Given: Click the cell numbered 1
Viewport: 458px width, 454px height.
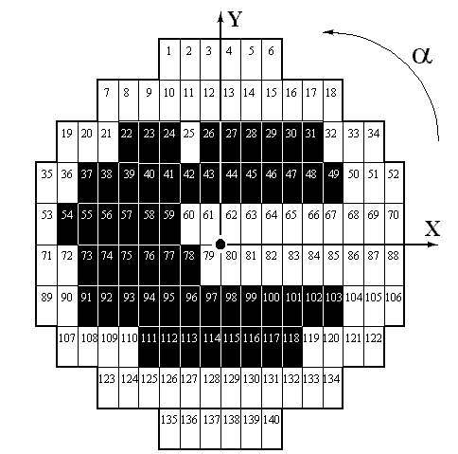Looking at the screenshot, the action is (169, 59).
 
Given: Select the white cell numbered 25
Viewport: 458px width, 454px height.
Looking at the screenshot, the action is (190, 142).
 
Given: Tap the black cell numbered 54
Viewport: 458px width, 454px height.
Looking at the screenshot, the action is (67, 224).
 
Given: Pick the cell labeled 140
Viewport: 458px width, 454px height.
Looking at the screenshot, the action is (272, 428).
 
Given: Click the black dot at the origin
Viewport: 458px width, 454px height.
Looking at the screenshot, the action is (220, 245).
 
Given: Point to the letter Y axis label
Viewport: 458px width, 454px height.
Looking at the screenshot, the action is (235, 19).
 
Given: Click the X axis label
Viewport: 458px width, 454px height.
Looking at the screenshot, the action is (432, 228).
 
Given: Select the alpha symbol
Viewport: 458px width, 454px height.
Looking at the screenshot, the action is (422, 56).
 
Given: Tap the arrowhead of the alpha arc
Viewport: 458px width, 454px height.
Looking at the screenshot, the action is (328, 32).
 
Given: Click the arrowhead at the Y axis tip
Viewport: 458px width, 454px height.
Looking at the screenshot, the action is (220, 16).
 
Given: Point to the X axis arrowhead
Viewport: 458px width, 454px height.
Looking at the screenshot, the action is (432, 245).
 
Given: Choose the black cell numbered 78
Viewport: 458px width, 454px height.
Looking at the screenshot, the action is (190, 265).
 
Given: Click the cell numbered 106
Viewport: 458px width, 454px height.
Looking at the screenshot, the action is (395, 306).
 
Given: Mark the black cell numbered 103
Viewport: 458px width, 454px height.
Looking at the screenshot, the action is (333, 306).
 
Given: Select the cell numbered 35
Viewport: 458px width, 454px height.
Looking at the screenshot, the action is (46, 183).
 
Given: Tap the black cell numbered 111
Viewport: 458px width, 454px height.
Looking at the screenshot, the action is (150, 347).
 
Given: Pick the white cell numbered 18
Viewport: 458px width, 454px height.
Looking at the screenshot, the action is (333, 100).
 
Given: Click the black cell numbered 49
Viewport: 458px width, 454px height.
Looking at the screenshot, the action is (333, 183).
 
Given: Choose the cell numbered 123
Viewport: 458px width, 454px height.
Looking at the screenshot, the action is (108, 388).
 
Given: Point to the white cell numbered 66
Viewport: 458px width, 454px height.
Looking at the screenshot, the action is (313, 224).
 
